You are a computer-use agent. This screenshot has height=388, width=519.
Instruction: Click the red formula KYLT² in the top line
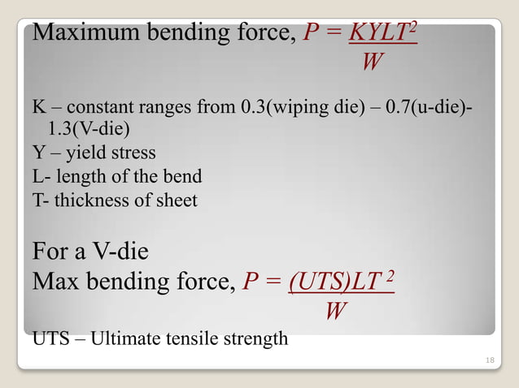pyautogui.click(x=382, y=34)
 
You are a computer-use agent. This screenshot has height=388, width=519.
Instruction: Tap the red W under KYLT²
pyautogui.click(x=370, y=63)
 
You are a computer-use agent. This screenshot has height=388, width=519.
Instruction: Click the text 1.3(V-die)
pyautogui.click(x=89, y=130)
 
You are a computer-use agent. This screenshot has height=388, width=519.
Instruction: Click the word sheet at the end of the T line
pyautogui.click(x=177, y=199)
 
